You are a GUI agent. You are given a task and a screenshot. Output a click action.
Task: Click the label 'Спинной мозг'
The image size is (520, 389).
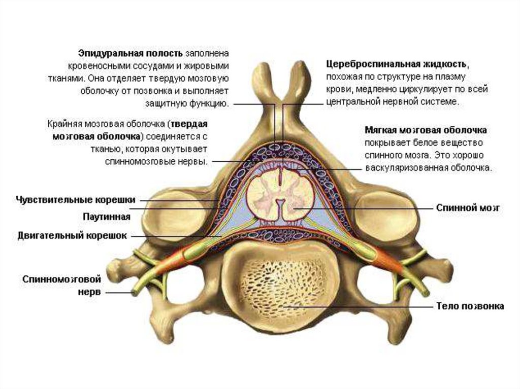click(x=469, y=208)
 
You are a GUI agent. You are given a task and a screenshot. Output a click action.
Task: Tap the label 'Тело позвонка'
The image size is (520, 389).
click(x=470, y=306)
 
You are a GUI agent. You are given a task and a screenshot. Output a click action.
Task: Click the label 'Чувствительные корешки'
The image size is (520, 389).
click(x=75, y=200)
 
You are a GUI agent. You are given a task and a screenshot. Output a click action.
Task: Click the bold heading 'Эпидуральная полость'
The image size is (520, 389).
click(x=131, y=53)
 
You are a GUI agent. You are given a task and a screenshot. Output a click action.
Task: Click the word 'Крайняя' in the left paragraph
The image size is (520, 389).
click(x=63, y=124)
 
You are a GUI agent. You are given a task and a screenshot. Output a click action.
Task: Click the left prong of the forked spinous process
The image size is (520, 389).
click(x=263, y=76)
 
